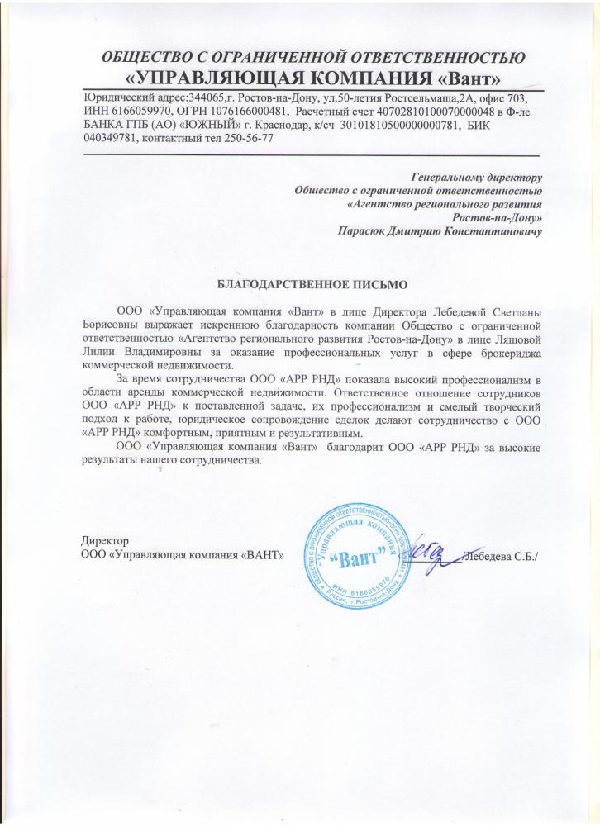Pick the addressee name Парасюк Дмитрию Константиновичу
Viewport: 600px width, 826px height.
[x=440, y=233]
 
